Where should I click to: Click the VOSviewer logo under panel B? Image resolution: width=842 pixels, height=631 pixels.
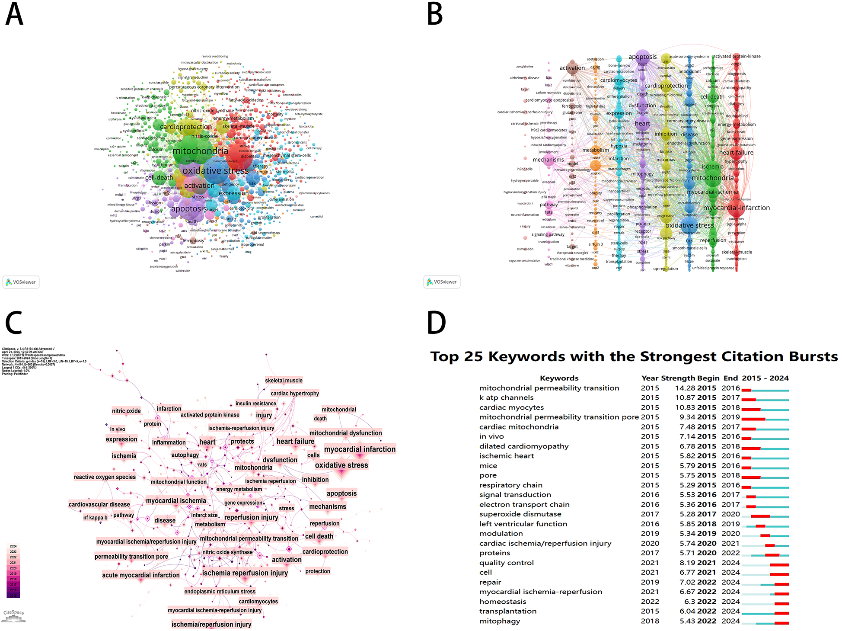click(442, 282)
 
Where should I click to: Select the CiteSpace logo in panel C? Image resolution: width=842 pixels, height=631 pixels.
click(13, 615)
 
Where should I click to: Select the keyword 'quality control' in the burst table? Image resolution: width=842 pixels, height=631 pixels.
click(506, 563)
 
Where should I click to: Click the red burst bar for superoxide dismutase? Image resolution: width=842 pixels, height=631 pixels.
click(760, 516)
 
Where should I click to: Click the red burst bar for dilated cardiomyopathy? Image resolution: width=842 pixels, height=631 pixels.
click(751, 448)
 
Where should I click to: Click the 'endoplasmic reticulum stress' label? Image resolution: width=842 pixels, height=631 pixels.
click(220, 591)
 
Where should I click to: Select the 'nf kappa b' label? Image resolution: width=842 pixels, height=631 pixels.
click(95, 517)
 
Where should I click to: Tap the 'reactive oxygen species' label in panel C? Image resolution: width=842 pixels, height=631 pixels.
click(105, 477)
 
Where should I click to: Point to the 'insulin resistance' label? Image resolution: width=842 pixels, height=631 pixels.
click(255, 403)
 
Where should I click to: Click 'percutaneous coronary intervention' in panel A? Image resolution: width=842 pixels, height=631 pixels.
click(204, 87)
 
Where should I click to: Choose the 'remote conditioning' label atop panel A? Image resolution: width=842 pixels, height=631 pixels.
click(214, 56)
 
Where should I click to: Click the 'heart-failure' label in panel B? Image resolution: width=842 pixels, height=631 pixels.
click(736, 153)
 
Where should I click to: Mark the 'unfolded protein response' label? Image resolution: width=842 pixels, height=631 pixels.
click(713, 268)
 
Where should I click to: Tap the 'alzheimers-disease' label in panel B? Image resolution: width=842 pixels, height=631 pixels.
click(524, 78)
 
